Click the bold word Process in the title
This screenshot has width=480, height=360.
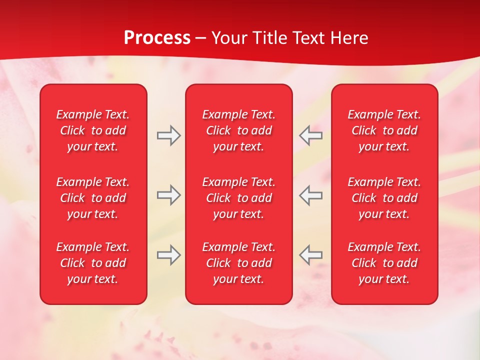pos(157,38)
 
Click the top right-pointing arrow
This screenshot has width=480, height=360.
pos(168,135)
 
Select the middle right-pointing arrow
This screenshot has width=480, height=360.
pos(168,195)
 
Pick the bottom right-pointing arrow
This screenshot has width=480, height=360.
pos(168,255)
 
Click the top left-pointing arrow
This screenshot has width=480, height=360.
pos(310,135)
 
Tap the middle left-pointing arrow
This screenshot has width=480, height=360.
pos(310,195)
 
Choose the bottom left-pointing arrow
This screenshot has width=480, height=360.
pos(310,255)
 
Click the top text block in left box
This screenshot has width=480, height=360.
pos(93,130)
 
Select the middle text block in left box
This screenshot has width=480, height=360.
pos(93,198)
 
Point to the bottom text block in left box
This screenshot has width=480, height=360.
pos(93,263)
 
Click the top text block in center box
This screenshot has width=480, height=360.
pos(238,130)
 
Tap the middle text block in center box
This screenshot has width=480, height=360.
pos(238,198)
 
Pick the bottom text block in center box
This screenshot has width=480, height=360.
pos(238,263)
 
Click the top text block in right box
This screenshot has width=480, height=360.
pos(384,130)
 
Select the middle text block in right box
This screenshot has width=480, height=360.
pos(384,198)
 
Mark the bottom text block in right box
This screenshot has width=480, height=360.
pos(384,263)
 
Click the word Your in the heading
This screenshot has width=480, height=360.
pos(229,38)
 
